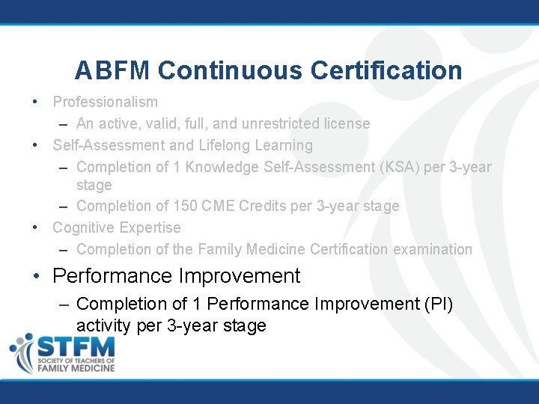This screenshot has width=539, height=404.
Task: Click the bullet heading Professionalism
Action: tap(105, 102)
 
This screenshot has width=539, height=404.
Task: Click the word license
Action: tap(346, 123)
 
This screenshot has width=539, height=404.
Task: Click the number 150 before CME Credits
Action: tap(186, 206)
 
